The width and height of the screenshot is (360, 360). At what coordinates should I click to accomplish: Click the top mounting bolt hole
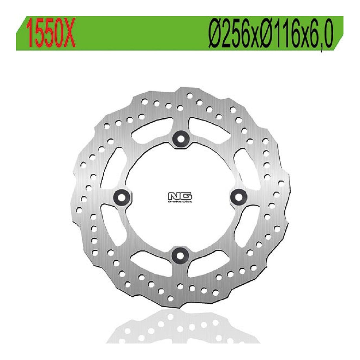point(180,138)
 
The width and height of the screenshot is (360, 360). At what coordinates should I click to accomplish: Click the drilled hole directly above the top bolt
point(180,107)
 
